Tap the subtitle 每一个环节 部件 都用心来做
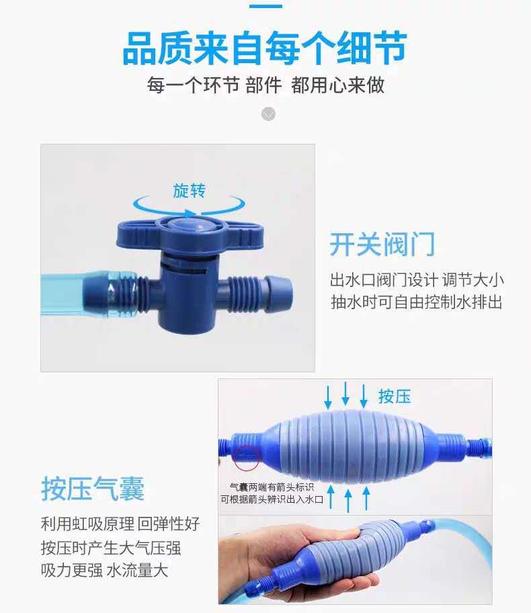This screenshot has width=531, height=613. coord(265,86)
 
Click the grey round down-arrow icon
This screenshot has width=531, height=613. coord(268,114)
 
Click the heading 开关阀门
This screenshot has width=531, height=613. coord(382,245)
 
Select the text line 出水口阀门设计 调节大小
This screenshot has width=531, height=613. coord(417,280)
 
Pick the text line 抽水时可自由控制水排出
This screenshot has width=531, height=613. coord(417,302)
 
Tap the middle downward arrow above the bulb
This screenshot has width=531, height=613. coord(345,393)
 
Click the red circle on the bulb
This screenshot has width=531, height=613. coord(247,457)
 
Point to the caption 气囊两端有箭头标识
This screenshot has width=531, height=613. coord(272,486)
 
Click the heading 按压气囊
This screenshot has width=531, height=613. coord(93,489)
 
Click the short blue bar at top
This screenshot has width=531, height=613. coord(265,6)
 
